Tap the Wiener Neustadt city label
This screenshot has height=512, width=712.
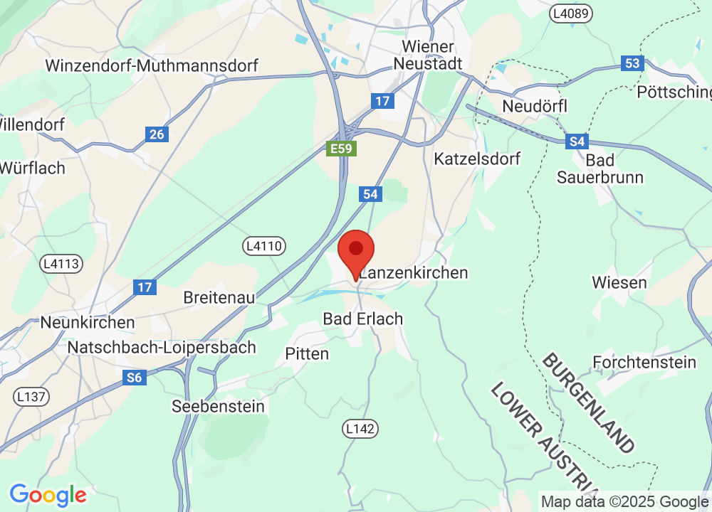pyautogui.click(x=428, y=55)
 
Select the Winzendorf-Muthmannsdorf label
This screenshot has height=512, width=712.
pyautogui.click(x=152, y=66)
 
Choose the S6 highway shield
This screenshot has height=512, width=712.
pyautogui.click(x=135, y=378)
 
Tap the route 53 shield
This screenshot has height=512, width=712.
pyautogui.click(x=632, y=63)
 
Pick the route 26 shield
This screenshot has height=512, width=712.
pyautogui.click(x=156, y=133)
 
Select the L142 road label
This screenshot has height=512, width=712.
pyautogui.click(x=360, y=429)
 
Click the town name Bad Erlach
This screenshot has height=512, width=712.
pyautogui.click(x=363, y=319)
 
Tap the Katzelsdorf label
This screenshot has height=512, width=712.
pyautogui.click(x=477, y=159)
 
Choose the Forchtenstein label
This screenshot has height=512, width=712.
pyautogui.click(x=644, y=363)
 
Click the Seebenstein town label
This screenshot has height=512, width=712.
pyautogui.click(x=218, y=407)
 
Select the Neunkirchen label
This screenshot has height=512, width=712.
pyautogui.click(x=87, y=323)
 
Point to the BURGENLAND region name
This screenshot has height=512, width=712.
pyautogui.click(x=588, y=402)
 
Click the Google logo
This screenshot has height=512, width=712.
pyautogui.click(x=48, y=494)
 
